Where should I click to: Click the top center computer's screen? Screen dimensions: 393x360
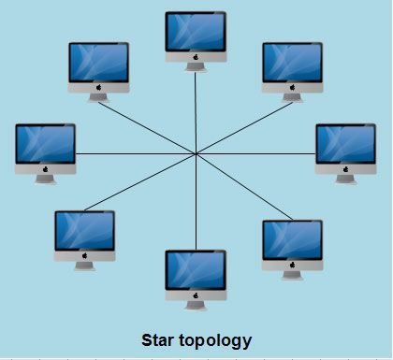pyautogui.click(x=196, y=32)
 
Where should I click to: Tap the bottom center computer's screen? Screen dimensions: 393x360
pyautogui.click(x=196, y=271)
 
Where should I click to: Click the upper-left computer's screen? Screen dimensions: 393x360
pyautogui.click(x=98, y=63)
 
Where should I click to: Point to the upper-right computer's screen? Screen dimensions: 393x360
pyautogui.click(x=292, y=63)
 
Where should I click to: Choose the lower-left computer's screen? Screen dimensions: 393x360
pyautogui.click(x=84, y=230)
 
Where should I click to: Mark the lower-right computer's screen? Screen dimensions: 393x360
pyautogui.click(x=292, y=239)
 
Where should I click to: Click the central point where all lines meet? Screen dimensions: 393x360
pyautogui.click(x=196, y=153)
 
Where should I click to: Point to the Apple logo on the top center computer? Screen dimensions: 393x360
pyautogui.click(x=196, y=56)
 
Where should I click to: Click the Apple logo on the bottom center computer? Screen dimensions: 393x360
pyautogui.click(x=196, y=295)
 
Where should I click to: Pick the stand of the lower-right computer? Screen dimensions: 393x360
pyautogui.click(x=292, y=274)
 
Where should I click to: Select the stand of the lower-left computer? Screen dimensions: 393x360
pyautogui.click(x=84, y=265)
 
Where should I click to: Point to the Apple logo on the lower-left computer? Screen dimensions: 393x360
pyautogui.click(x=84, y=254)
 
